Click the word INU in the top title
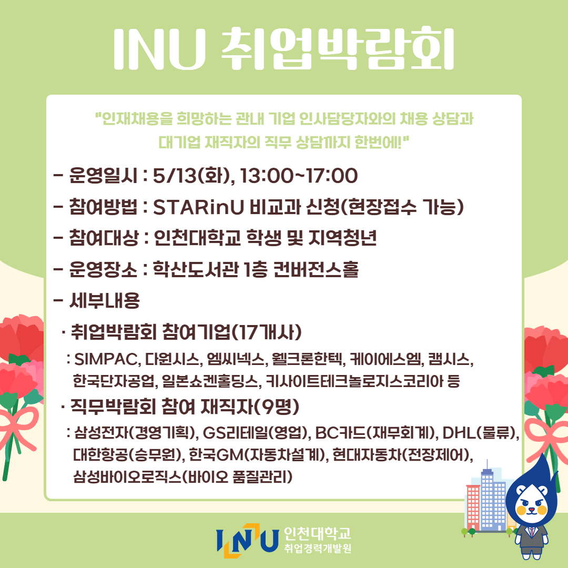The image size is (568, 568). point(160,49)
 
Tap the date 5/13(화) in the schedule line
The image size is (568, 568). point(191,176)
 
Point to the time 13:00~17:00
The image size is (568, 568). point(299,176)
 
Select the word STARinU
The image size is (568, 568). point(198,207)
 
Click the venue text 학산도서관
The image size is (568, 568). point(196,269)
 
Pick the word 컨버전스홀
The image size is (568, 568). point(316,269)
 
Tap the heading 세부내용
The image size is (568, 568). point(104,300)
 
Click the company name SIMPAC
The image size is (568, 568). point(106,359)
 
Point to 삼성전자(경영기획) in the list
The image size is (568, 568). point(136,432)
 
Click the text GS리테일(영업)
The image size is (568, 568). point(256,432)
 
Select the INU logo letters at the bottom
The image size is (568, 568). point(247,541)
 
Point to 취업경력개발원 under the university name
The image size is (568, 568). point(318,548)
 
